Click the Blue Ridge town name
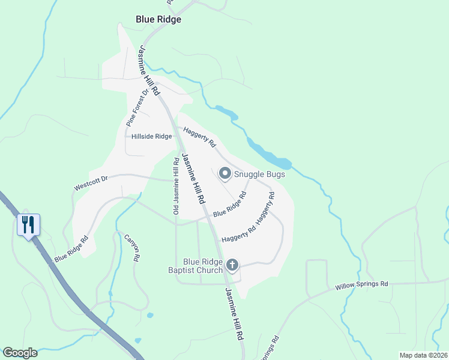[158, 19]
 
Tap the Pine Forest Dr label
[137, 107]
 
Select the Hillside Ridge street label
[151, 136]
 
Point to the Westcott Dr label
[90, 183]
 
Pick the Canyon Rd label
[131, 247]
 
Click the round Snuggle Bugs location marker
[225, 174]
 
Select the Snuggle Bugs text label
[259, 175]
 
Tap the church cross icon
[232, 265]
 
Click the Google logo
[20, 353]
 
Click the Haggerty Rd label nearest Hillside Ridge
[199, 137]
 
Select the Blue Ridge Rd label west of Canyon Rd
[71, 248]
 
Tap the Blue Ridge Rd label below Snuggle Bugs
[230, 205]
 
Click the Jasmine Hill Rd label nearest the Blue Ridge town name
[149, 70]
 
